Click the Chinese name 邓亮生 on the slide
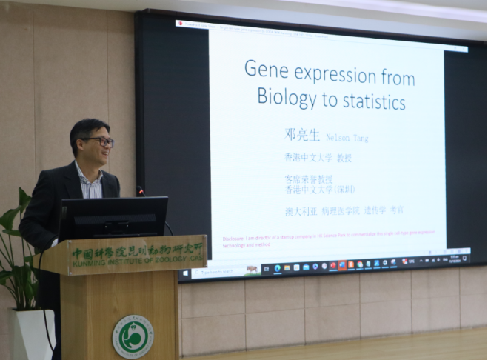302,136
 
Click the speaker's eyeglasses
98,141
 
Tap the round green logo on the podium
133,336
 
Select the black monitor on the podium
113,217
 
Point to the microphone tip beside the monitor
140,191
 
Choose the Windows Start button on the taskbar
185,273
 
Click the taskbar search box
216,272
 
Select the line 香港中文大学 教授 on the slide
318,158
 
